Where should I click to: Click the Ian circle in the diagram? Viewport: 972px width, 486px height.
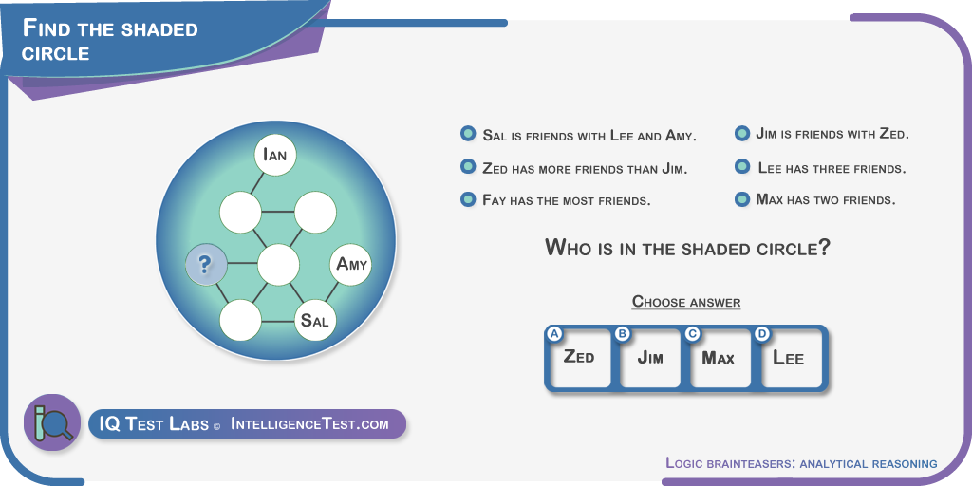click(275, 155)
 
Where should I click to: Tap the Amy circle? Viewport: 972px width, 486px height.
click(351, 265)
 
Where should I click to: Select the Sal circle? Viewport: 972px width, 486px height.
click(315, 320)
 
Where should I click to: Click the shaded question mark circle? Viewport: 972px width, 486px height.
click(206, 265)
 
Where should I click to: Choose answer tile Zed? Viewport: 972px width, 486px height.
click(579, 358)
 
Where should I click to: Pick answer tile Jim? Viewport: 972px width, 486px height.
click(650, 358)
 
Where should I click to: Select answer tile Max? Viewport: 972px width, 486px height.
click(720, 358)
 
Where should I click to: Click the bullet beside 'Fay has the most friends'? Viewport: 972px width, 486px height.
click(468, 199)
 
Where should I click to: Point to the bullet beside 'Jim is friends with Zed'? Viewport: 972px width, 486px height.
click(742, 133)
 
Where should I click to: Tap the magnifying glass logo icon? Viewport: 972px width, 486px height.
click(52, 422)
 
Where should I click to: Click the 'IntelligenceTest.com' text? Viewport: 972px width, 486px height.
click(309, 424)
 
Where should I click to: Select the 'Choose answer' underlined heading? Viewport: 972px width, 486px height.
click(686, 302)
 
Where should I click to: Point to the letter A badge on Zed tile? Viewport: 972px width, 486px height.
click(554, 334)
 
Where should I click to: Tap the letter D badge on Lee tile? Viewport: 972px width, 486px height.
click(762, 334)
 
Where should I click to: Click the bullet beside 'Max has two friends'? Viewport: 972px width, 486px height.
click(742, 199)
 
